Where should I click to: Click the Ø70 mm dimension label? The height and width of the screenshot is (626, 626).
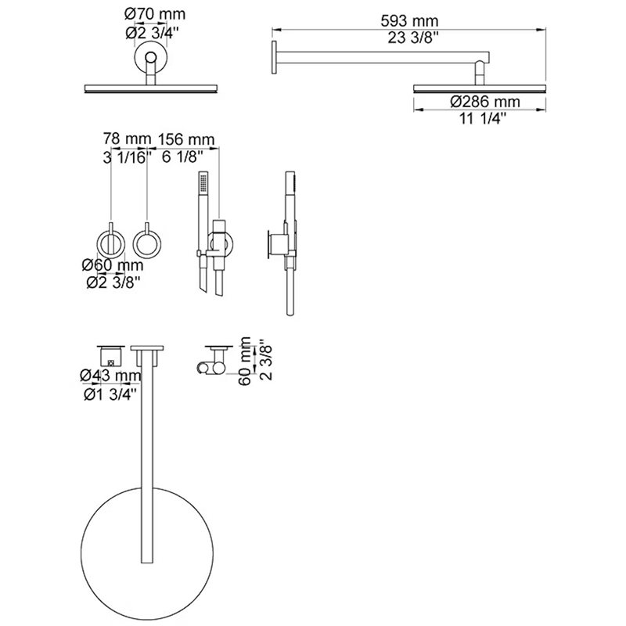click(x=155, y=14)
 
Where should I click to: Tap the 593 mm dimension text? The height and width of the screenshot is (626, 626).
click(x=409, y=21)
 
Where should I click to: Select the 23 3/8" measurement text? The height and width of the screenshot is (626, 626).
click(x=413, y=38)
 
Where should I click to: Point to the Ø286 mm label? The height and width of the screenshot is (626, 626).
click(x=485, y=102)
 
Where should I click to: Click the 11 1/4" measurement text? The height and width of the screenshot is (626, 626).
click(x=483, y=119)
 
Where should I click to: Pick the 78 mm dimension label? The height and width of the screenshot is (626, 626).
click(x=127, y=139)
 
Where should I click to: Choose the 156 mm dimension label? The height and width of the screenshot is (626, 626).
click(x=186, y=139)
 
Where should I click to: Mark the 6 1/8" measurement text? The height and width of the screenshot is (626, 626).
click(x=180, y=157)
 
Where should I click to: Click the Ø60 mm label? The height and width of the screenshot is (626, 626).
click(x=113, y=265)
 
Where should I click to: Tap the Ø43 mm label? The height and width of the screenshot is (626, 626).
click(x=110, y=376)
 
